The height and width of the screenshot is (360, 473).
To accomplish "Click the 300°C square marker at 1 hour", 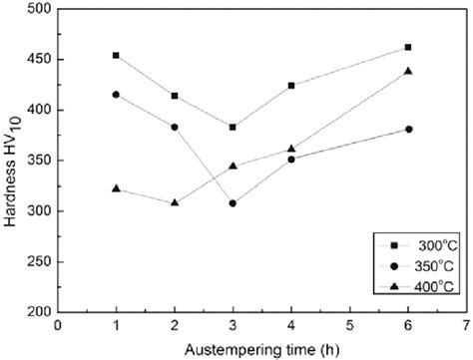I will click(x=117, y=55).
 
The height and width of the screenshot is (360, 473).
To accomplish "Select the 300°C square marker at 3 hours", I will click(x=233, y=127).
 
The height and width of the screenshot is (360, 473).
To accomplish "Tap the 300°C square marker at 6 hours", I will click(x=408, y=47).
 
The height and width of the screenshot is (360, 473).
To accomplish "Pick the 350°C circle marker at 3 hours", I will click(x=233, y=203).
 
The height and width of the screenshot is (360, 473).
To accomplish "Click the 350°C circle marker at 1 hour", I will click(x=117, y=95).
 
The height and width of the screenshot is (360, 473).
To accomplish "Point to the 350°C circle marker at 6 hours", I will click(x=408, y=129).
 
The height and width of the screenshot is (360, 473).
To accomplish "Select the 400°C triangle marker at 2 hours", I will click(x=175, y=202).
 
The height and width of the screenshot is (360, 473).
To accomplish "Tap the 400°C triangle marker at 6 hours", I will click(x=408, y=71).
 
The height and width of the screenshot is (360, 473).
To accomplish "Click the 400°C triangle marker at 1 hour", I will click(x=117, y=188).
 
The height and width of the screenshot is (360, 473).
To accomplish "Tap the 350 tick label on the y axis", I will click(x=40, y=161).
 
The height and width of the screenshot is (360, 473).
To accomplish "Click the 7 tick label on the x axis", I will click(x=466, y=324).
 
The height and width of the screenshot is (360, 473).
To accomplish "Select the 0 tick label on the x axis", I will click(x=58, y=324).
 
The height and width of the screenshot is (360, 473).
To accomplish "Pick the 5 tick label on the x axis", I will click(x=349, y=324).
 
